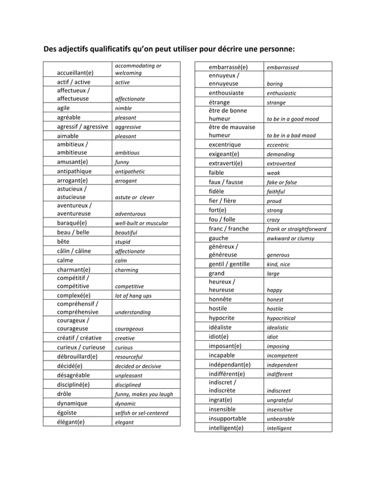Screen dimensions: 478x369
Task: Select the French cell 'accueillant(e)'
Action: coord(75,73)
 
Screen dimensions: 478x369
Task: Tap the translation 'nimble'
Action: coord(124,108)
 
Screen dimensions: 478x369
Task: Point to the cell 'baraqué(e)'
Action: coord(72,223)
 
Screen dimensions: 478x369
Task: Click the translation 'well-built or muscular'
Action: coord(142,223)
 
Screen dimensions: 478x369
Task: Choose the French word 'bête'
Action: coord(63,241)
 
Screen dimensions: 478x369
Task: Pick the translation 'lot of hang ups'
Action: coord(134,296)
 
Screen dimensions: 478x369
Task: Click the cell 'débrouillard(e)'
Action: coord(77,356)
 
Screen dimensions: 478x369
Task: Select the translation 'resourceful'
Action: coord(128,357)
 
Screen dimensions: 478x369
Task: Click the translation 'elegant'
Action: coord(124,422)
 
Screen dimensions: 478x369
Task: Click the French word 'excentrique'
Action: coord(224,144)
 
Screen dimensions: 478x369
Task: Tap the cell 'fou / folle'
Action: coord(222,219)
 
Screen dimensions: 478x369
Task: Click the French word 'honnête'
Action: coord(220,299)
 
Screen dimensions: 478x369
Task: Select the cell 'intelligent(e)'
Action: coord(226,428)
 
